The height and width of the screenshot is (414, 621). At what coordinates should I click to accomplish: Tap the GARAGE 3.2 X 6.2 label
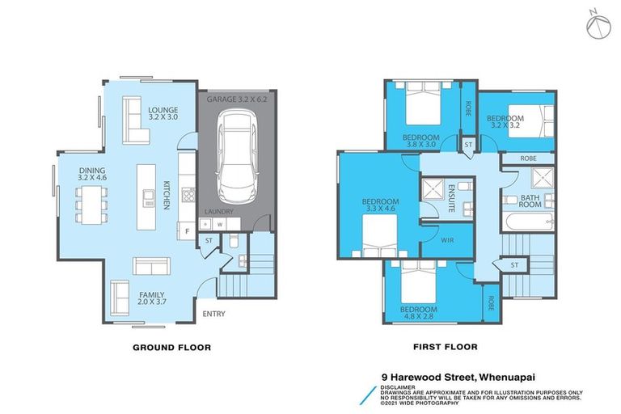coord(237,99)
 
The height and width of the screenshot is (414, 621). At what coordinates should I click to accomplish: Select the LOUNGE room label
coord(163,110)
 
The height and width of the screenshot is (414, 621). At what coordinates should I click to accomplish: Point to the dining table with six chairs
coord(92,205)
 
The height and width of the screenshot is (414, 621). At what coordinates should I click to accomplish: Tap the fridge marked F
coord(187,231)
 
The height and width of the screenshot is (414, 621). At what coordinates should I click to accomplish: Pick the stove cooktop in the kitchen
coord(188,195)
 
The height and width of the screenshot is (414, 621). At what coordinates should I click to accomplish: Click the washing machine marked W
coord(219,225)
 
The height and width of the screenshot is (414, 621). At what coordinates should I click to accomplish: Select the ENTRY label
coord(213,314)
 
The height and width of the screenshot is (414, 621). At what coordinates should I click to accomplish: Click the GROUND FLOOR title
coord(172,348)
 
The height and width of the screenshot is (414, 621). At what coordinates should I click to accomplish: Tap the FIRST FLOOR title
coord(446,347)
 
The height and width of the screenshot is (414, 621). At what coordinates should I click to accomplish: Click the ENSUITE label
coord(451,197)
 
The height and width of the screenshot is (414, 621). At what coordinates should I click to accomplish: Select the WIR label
coord(447,240)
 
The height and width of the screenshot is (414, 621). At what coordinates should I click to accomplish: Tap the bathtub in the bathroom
coord(528,222)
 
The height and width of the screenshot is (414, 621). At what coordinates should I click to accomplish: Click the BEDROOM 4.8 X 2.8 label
coord(419,313)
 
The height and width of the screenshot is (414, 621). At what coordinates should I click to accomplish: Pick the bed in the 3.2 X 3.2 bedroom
coord(530,120)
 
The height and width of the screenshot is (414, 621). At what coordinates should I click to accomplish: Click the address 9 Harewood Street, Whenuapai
coord(458,377)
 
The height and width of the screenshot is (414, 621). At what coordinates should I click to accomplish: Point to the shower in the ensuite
coord(433,189)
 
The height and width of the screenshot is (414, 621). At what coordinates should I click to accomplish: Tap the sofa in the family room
coord(151,266)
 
